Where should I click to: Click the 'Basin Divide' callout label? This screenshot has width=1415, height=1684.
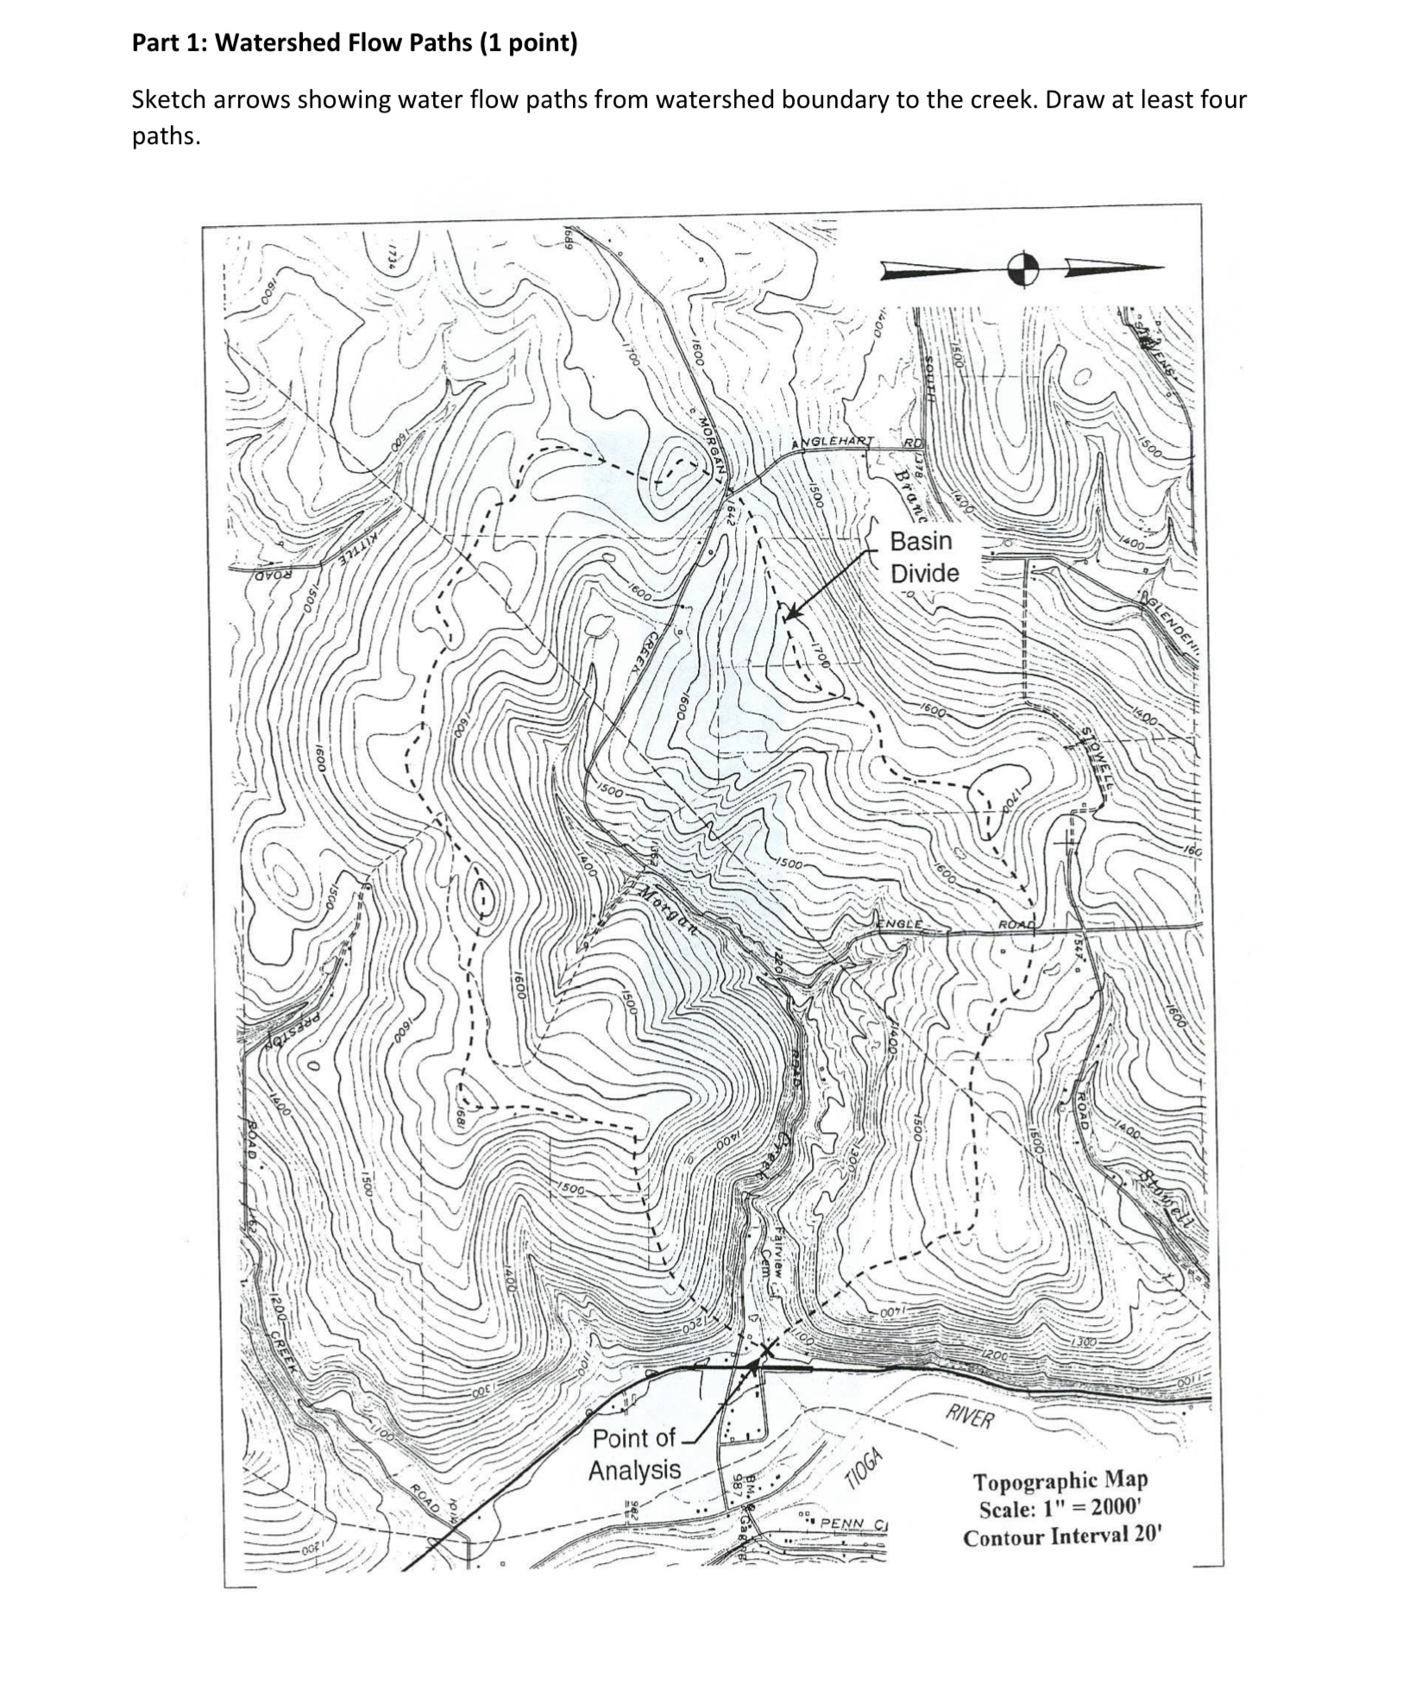click(923, 556)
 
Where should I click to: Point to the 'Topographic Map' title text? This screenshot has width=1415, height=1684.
click(1060, 1480)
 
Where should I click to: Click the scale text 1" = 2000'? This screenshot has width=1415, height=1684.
click(1060, 1509)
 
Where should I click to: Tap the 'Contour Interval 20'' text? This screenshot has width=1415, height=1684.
click(1063, 1537)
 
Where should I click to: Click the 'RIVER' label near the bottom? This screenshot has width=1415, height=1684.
click(971, 1417)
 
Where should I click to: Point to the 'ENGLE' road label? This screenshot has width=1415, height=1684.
click(899, 924)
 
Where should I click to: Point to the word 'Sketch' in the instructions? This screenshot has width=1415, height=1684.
click(168, 100)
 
